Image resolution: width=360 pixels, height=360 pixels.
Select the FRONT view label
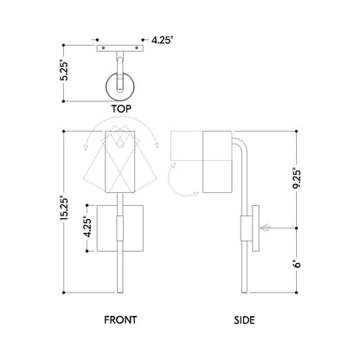pos(119,319)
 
